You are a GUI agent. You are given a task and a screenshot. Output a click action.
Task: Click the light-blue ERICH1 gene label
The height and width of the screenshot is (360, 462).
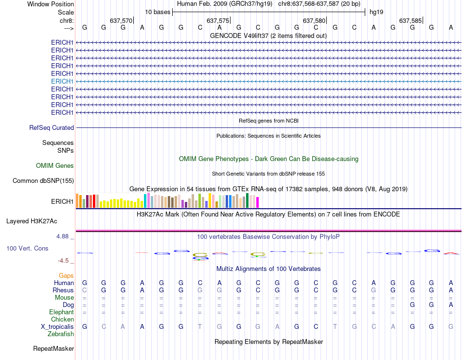click(x=62, y=81)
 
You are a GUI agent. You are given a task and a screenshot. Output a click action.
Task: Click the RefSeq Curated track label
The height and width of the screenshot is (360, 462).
click(x=52, y=128)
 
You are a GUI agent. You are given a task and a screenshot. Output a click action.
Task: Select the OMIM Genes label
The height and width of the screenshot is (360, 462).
click(x=55, y=166)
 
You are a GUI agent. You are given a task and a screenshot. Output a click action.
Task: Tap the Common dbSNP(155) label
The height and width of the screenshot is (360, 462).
click(x=43, y=181)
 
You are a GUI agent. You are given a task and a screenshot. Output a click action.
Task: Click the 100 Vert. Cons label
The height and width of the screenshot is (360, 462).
click(x=27, y=248)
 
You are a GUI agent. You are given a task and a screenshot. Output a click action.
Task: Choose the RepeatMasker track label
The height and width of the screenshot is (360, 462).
click(x=53, y=349)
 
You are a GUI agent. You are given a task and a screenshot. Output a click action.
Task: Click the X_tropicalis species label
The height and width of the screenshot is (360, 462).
click(x=57, y=327)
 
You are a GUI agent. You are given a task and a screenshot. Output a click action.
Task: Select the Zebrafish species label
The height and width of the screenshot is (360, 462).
click(x=61, y=334)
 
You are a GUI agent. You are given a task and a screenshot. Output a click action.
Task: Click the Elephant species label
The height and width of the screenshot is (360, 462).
click(x=61, y=312)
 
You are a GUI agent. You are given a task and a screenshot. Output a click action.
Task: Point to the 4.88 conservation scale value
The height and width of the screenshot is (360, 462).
click(x=65, y=236)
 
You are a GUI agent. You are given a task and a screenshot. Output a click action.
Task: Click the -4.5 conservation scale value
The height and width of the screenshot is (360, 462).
click(x=66, y=261)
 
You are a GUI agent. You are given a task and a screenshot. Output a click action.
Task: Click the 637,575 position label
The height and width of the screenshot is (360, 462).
click(x=218, y=20)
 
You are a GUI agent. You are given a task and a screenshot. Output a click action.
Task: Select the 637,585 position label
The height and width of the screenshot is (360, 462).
click(x=410, y=20)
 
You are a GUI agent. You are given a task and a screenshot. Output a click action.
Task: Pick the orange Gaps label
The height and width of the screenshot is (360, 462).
click(x=66, y=276)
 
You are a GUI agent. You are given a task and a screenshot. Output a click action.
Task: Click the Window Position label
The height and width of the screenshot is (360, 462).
click(x=51, y=4)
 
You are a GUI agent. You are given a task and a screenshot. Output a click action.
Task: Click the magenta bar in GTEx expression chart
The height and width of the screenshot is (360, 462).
click(x=258, y=202)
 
